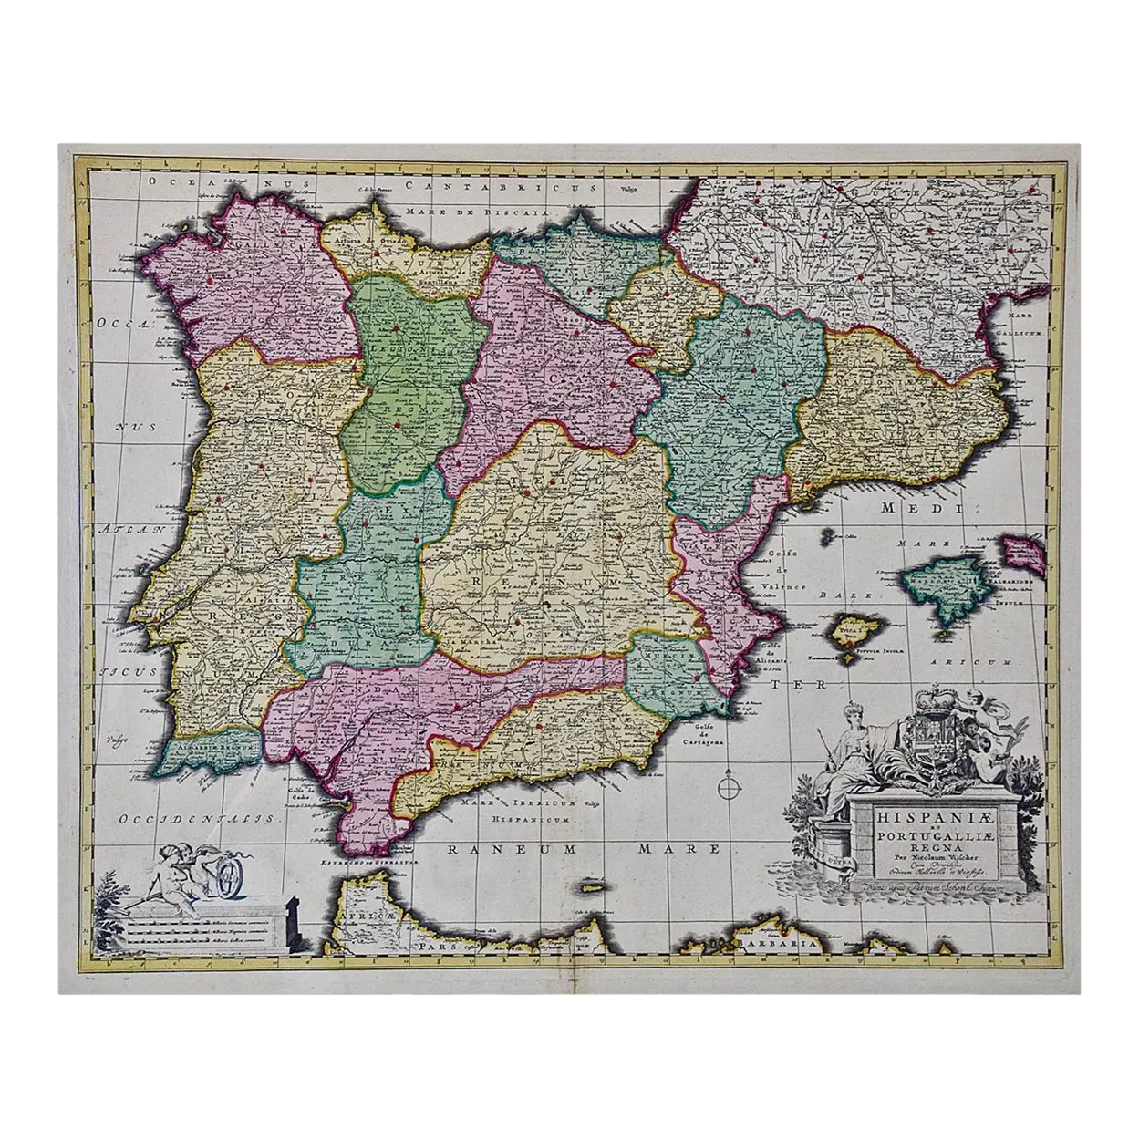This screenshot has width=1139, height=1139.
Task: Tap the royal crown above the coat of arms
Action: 916,701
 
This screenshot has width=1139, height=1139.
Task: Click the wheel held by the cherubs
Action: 226,880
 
